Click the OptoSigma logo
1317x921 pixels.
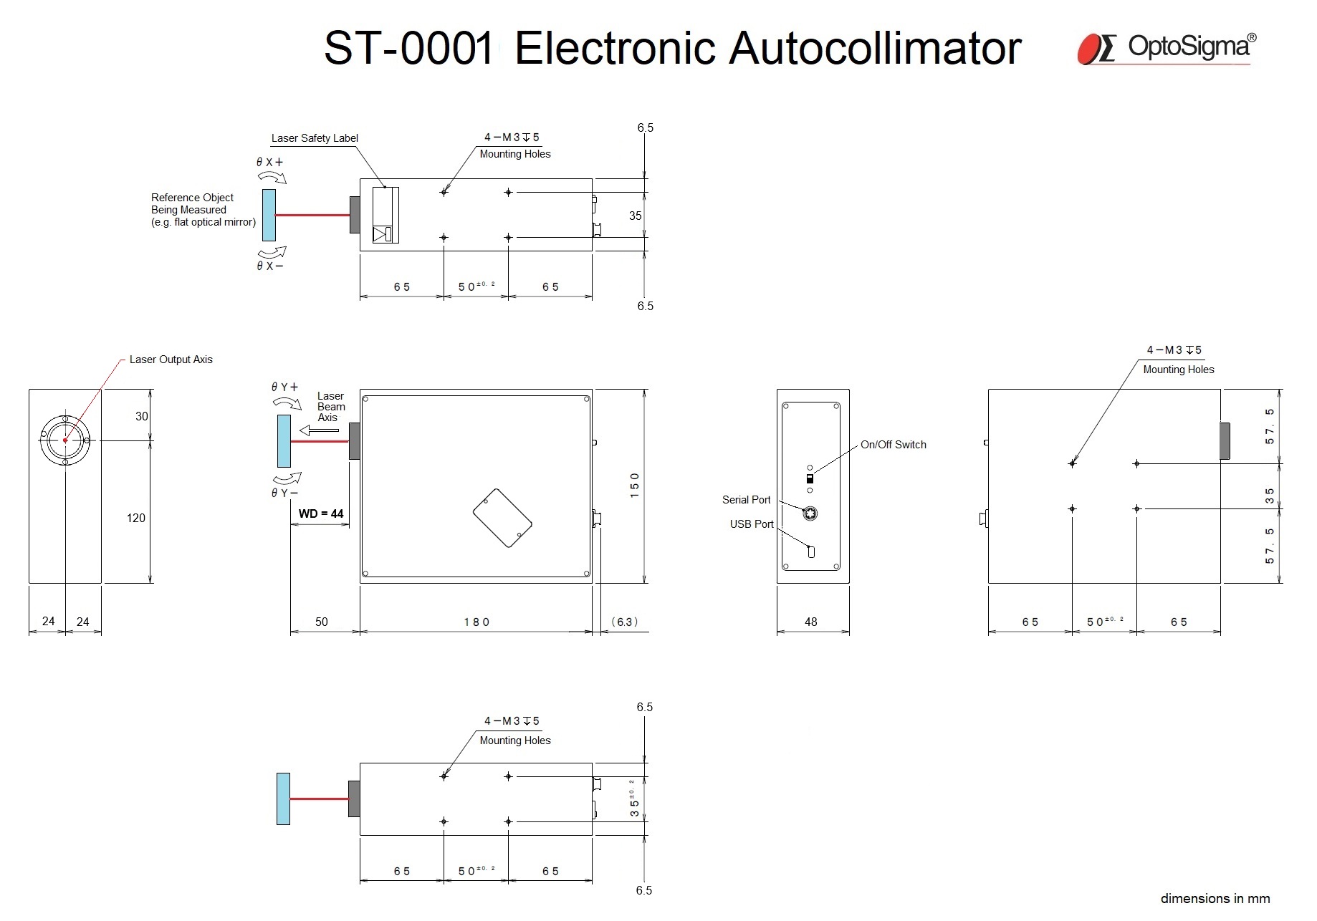(1166, 48)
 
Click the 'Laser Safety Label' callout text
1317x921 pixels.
(315, 138)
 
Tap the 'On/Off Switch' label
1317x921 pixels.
(893, 445)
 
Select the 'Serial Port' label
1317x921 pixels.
(746, 500)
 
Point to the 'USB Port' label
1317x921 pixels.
(751, 524)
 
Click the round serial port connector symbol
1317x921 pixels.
(810, 513)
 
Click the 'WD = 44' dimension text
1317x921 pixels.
(321, 513)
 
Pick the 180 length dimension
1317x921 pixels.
(476, 622)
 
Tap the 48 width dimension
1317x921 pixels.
(810, 622)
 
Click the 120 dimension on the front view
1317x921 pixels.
(135, 518)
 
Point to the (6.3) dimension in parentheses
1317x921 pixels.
(623, 622)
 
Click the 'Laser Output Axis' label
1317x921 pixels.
(171, 360)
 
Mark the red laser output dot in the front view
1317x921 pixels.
(65, 440)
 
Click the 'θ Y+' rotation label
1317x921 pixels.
(284, 387)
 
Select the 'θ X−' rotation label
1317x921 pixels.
(270, 266)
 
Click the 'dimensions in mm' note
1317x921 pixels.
(1215, 899)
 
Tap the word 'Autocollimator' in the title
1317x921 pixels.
(875, 49)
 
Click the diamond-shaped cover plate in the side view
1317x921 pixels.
(502, 519)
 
